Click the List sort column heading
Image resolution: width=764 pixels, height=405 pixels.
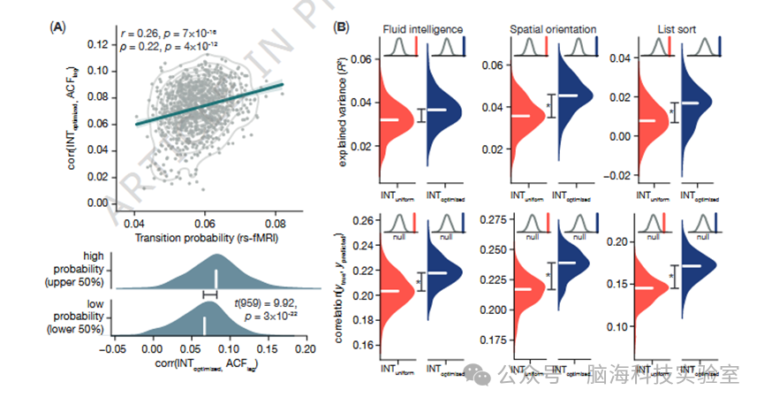click(x=678, y=27)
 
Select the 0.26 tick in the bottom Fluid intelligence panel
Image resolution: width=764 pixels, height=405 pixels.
click(x=361, y=221)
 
